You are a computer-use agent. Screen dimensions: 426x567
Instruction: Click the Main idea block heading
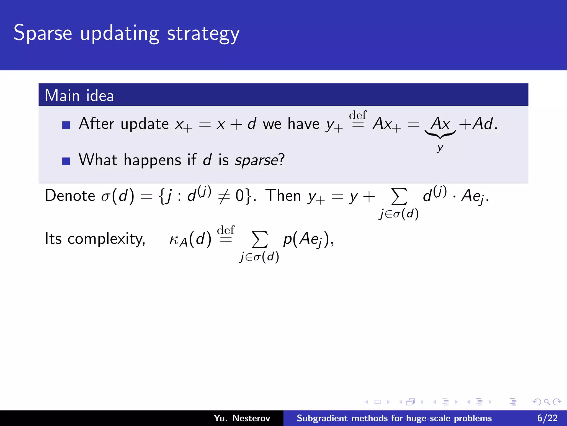click(79, 95)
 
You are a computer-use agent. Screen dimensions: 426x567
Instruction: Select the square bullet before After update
click(66, 125)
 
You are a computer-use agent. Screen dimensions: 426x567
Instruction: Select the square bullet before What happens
click(66, 161)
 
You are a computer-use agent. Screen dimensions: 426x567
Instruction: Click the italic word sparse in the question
click(256, 160)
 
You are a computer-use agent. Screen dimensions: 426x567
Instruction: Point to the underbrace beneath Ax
click(440, 135)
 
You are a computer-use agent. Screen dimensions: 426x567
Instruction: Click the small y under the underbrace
click(440, 148)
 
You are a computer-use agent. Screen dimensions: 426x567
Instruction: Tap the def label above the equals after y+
click(358, 115)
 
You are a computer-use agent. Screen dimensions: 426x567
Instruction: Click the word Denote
click(70, 196)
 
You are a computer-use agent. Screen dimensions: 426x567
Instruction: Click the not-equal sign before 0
click(224, 197)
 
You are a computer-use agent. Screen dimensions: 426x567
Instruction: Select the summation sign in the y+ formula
click(399, 196)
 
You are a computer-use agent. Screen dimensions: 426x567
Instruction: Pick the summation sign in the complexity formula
click(259, 239)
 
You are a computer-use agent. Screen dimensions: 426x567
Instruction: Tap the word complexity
click(106, 239)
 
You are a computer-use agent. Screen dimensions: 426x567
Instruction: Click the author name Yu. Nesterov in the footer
click(242, 418)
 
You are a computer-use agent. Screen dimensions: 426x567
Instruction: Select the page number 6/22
click(547, 418)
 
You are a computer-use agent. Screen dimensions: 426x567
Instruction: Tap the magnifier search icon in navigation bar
click(547, 402)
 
